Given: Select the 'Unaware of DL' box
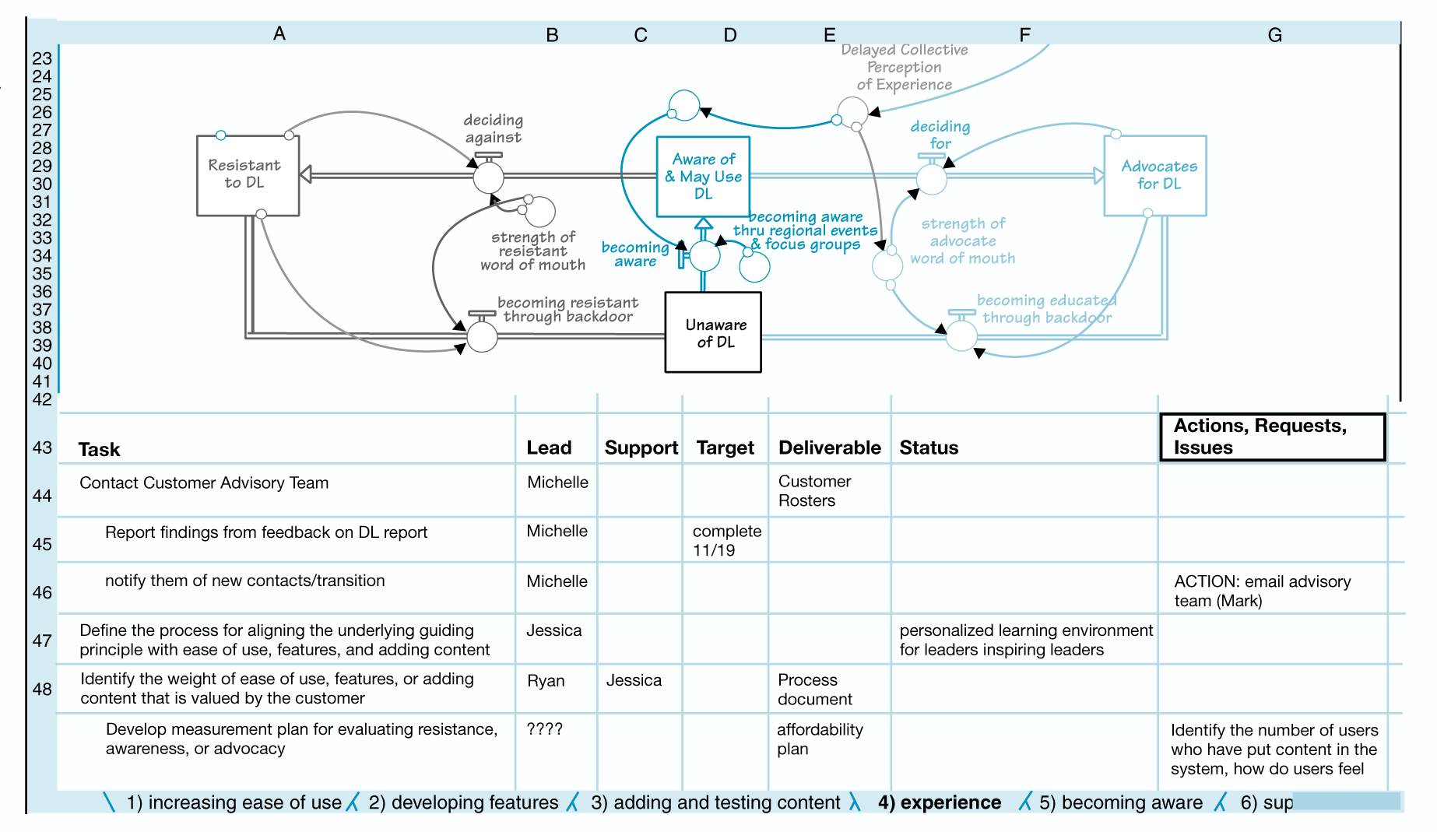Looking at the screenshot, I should coord(713,333).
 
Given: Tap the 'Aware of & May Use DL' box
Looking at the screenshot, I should coord(703,177).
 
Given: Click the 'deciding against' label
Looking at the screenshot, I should coord(494,129).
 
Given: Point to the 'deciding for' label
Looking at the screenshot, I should coord(940,135).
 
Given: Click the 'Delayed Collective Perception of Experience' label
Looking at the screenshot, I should coord(904,68).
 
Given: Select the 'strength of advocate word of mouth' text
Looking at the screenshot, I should coord(963,241).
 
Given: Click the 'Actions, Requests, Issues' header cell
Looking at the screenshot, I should coord(1272,437).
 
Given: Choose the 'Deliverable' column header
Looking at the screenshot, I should coord(829,448).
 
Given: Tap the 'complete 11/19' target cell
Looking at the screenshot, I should coord(726,540).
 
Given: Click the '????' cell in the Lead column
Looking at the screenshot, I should coord(545,729).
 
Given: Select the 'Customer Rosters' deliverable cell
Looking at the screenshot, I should coord(814,491).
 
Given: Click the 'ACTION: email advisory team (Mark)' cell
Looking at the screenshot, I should coord(1262,591).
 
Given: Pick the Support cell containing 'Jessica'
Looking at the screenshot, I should coord(634,680).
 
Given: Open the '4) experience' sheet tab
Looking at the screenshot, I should coord(939,802).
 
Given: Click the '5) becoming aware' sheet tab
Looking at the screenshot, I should coord(1120,802).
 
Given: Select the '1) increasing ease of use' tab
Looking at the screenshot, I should coord(234,802).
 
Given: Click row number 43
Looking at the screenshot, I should coord(42,448).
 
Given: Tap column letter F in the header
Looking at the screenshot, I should coord(1024,34).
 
